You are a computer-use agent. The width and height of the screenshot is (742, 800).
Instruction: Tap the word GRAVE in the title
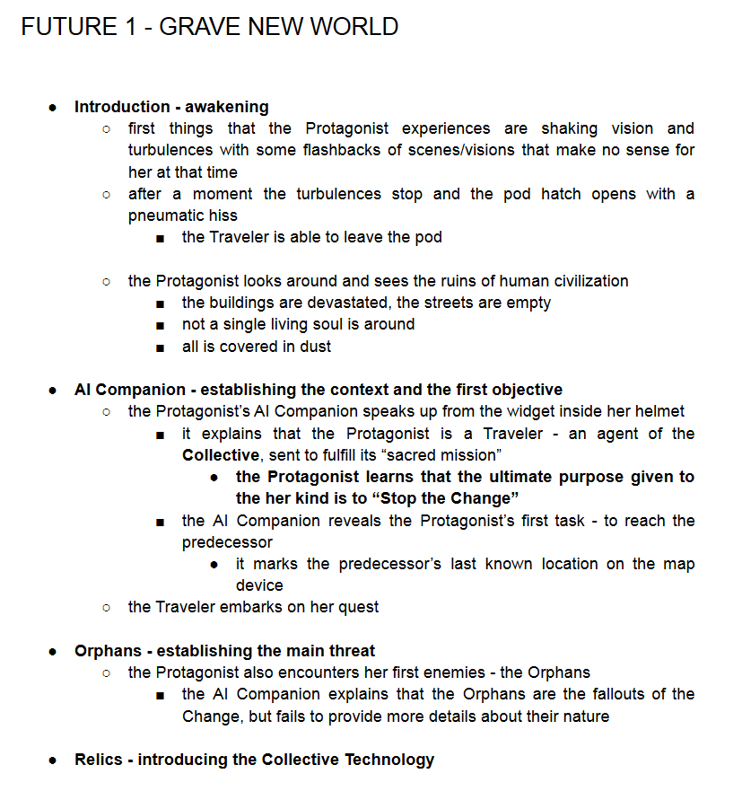[201, 26]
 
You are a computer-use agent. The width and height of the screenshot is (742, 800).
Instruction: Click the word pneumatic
[170, 215]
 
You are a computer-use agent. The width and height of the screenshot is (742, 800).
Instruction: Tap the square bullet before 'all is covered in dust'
[160, 347]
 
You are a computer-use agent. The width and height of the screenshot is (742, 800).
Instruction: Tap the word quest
[358, 607]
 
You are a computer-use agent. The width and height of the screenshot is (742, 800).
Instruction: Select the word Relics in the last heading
[98, 760]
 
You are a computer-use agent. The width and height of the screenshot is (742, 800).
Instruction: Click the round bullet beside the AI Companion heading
[53, 391]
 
